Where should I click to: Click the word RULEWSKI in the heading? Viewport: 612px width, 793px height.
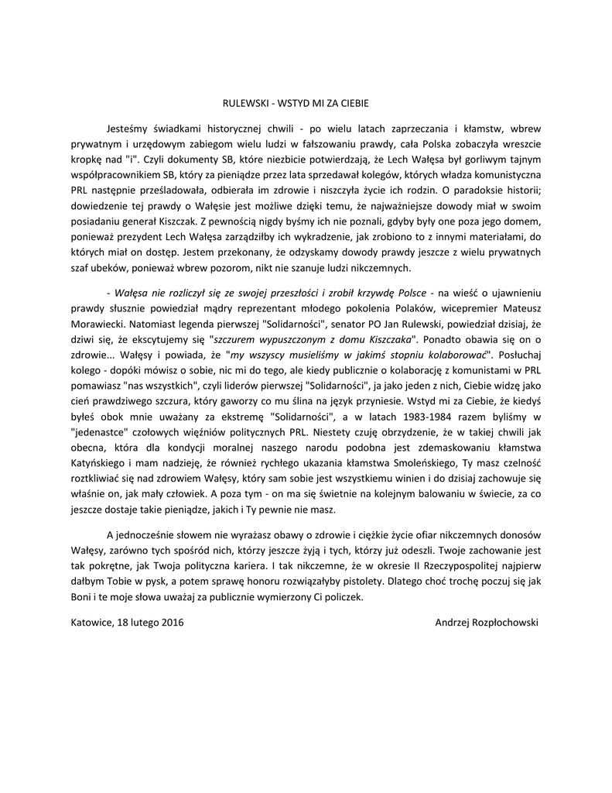(x=244, y=101)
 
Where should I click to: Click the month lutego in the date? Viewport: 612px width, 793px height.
(x=143, y=637)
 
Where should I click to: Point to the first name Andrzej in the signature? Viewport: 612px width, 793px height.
(x=453, y=637)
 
